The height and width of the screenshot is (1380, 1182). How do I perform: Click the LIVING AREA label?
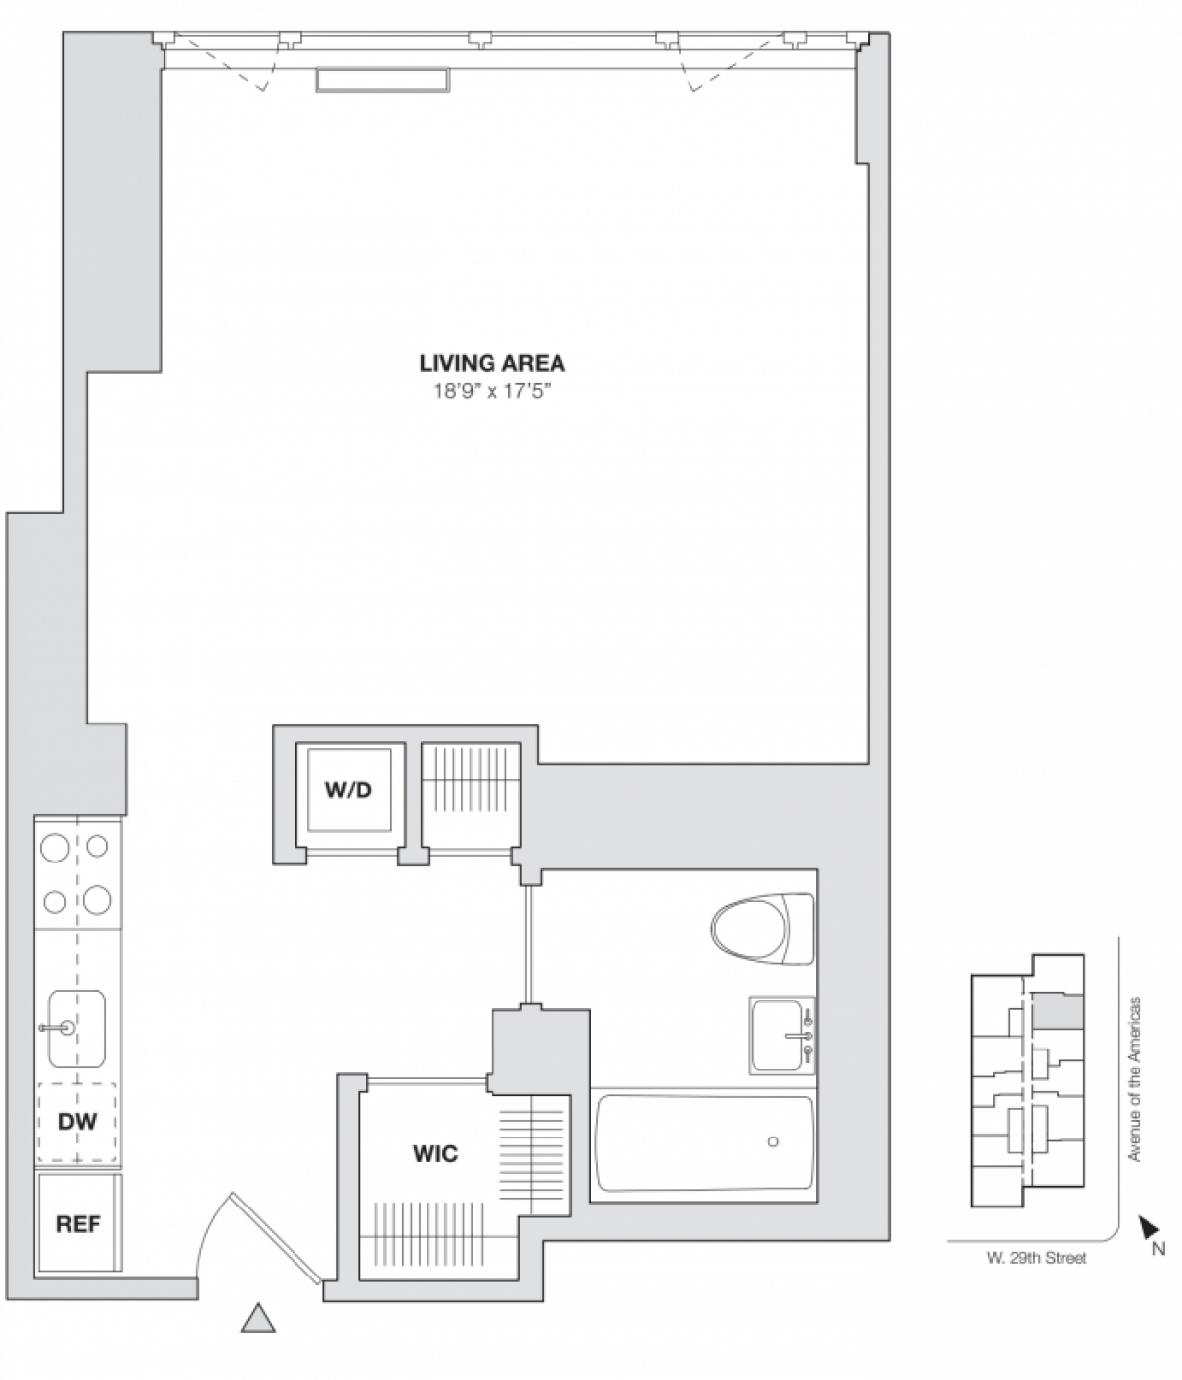click(x=492, y=363)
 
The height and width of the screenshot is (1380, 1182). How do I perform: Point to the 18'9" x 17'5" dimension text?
click(x=492, y=392)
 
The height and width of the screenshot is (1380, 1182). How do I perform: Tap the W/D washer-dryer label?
click(x=349, y=790)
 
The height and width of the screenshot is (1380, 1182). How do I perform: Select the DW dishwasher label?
click(x=77, y=1121)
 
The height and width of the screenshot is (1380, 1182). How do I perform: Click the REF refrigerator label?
click(x=78, y=1223)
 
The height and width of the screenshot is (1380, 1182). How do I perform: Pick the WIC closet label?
click(x=434, y=1153)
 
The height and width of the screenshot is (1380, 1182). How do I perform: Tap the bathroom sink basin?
click(x=778, y=1035)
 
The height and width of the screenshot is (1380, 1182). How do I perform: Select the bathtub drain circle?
click(x=773, y=1141)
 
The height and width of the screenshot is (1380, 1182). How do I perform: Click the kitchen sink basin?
click(x=78, y=1028)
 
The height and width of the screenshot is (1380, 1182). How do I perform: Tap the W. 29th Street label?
click(x=1036, y=1257)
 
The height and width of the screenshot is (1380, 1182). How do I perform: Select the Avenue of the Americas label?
click(x=1134, y=1079)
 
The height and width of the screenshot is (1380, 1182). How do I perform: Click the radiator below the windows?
click(x=383, y=80)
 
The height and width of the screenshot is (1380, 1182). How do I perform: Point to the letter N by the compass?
click(x=1159, y=1249)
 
